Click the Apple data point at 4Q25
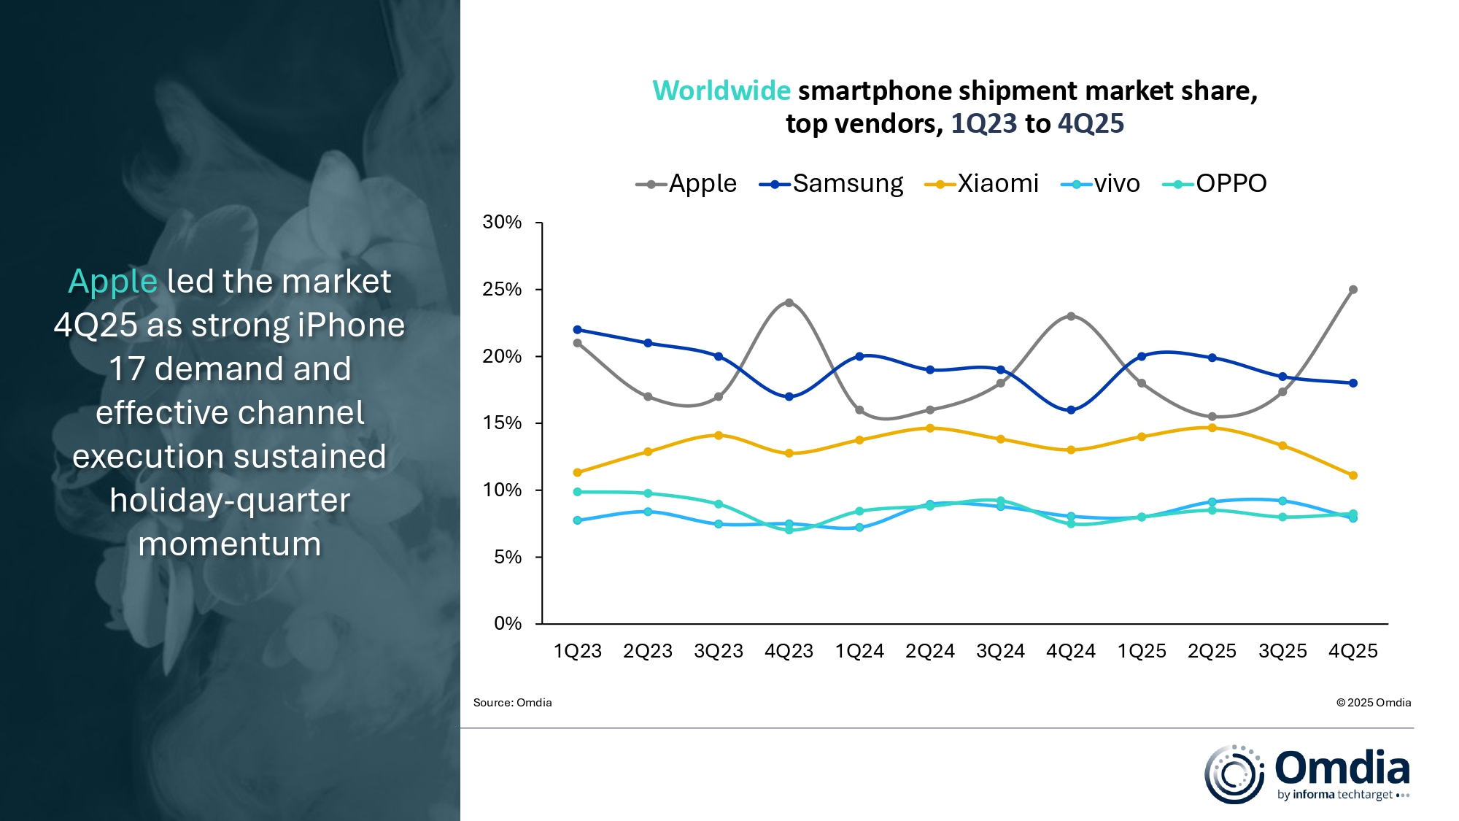pyautogui.click(x=1353, y=290)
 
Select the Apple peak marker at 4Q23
pyautogui.click(x=789, y=303)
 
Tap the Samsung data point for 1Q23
pyautogui.click(x=577, y=330)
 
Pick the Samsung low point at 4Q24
pyautogui.click(x=1071, y=410)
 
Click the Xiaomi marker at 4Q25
pyautogui.click(x=1353, y=476)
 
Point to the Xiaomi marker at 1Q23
pyautogui.click(x=577, y=473)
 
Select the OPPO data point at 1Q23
pyautogui.click(x=577, y=492)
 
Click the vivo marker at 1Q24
pyautogui.click(x=859, y=528)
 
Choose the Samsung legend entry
pyautogui.click(x=832, y=184)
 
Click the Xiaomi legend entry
pyautogui.click(x=982, y=184)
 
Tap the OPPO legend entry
pyautogui.click(x=1215, y=184)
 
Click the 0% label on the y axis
pyautogui.click(x=508, y=624)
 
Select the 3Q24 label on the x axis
pyautogui.click(x=1000, y=651)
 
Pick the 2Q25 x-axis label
pyautogui.click(x=1212, y=651)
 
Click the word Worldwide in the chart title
pyautogui.click(x=721, y=91)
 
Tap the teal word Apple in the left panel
pyautogui.click(x=112, y=282)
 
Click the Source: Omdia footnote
pyautogui.click(x=512, y=703)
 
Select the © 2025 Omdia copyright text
pyautogui.click(x=1374, y=703)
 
